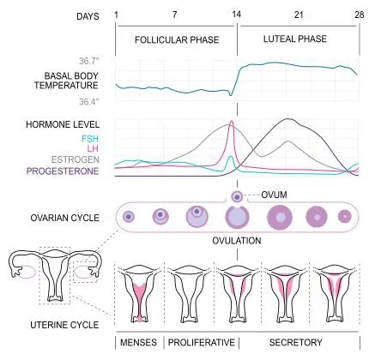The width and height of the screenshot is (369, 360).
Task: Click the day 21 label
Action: pos(299,15)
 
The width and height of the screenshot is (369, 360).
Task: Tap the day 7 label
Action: pos(175,15)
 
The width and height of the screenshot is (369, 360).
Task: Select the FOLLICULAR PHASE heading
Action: pos(177,39)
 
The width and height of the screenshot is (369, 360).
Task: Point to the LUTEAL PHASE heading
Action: pos(295,39)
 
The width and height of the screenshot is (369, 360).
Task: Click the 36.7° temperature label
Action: pos(89,61)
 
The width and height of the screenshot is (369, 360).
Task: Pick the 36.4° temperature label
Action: pos(89,101)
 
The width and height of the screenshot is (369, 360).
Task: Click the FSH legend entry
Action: pos(90,139)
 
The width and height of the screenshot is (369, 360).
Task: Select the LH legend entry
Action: pos(93,148)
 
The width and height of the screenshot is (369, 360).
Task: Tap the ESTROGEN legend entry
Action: pos(76,159)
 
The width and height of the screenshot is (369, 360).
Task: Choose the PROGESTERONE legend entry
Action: pos(63,171)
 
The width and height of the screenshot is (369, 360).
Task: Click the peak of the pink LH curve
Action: pos(232,121)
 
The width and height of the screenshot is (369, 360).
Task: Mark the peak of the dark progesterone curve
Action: pos(287,119)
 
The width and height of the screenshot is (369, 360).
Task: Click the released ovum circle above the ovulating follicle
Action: pos(237,196)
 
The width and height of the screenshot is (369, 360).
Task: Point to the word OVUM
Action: pos(274,195)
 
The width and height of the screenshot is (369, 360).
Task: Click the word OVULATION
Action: pos(237,241)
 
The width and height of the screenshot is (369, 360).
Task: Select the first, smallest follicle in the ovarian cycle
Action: pos(129,217)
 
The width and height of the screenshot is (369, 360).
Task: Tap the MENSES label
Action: pos(138,342)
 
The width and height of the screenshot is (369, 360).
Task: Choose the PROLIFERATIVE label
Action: pos(201,342)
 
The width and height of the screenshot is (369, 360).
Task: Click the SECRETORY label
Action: pos(296,342)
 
